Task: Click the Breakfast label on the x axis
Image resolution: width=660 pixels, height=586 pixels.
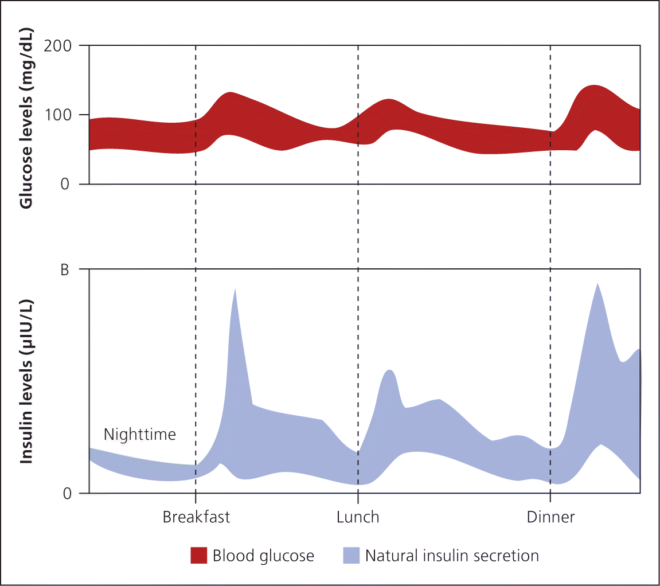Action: pos(196,517)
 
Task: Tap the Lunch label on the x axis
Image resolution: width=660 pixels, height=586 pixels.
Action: pos(358,517)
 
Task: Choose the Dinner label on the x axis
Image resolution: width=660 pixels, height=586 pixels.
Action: pos(550,517)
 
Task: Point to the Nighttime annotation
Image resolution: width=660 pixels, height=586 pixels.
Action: pos(140,435)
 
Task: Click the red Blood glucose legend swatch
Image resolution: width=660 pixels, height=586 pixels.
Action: pos(198,556)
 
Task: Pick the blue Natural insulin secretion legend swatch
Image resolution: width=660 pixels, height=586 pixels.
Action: pos(351,556)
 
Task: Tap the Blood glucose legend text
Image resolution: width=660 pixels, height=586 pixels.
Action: pos(263,556)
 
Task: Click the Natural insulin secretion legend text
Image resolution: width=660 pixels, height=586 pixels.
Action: pos(452,556)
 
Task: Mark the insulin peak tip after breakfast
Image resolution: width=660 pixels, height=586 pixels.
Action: pos(235,288)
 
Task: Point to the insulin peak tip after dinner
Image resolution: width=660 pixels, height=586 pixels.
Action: pos(597,283)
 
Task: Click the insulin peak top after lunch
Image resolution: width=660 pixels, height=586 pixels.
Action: pos(390,370)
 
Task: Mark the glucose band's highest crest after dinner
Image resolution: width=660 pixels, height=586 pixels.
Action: pos(594,85)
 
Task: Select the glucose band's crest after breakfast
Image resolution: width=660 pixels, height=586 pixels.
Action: pos(230,92)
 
